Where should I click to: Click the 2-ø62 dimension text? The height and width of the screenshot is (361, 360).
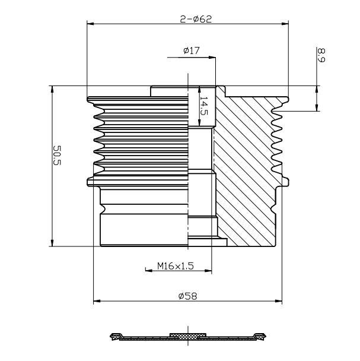click(x=196, y=18)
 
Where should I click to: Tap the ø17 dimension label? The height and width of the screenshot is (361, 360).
click(x=191, y=51)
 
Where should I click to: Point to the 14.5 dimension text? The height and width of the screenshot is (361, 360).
click(x=203, y=106)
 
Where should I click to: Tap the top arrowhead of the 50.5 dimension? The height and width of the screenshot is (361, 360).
click(x=52, y=90)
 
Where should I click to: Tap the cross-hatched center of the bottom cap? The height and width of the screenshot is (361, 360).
click(x=187, y=335)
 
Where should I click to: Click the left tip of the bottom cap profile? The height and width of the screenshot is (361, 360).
click(x=112, y=337)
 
